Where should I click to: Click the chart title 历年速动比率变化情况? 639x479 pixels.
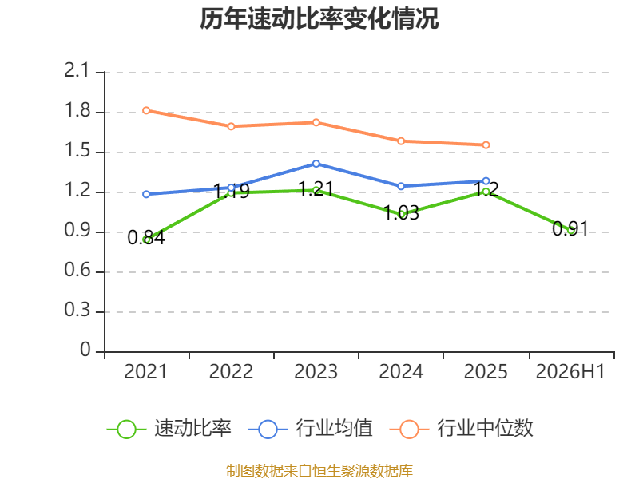pos(319,18)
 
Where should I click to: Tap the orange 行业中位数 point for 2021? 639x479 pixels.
pos(146,110)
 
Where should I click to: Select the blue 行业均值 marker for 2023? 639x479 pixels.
pos(316,164)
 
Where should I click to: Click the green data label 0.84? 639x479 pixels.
pos(146,237)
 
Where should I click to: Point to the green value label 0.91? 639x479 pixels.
pos(570,229)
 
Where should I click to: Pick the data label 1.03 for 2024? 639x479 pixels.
pos(402,213)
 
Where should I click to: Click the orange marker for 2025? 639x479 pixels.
pos(486,145)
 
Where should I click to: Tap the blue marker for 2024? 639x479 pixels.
pos(401,186)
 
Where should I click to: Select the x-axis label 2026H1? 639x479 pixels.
pos(570,371)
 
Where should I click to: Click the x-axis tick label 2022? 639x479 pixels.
pos(231,371)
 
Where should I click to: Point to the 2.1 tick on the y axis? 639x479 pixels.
pos(77,71)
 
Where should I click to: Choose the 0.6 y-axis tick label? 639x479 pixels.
pos(77,270)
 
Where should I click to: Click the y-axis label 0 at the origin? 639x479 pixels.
pos(85,350)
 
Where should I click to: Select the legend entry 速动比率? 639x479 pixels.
pos(169,429)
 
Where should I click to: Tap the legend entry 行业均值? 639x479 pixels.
pos(311,429)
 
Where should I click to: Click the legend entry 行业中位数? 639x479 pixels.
pos(462,429)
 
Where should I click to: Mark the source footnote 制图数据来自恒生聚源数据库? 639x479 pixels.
pos(319,471)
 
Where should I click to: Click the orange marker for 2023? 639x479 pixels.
pos(316,123)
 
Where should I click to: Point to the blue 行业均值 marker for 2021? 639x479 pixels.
pos(146,194)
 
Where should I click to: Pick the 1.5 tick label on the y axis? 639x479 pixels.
pos(77,151)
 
